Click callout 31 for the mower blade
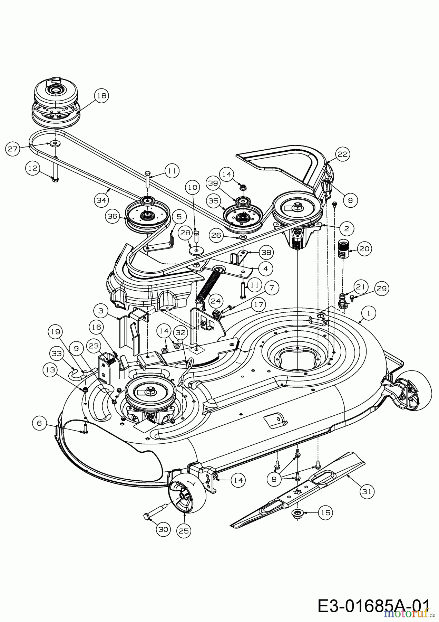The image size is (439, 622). pyautogui.click(x=367, y=491)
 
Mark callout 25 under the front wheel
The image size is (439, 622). pyautogui.click(x=184, y=530)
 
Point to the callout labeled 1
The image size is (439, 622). pyautogui.click(x=369, y=313)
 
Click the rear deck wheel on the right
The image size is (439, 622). pyautogui.click(x=412, y=390)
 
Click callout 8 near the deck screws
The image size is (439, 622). pyautogui.click(x=274, y=479)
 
